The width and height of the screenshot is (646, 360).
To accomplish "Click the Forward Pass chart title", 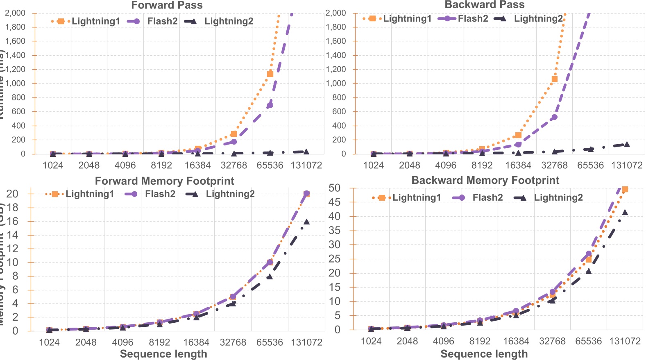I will click(x=167, y=5).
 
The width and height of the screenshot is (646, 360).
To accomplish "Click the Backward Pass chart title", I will click(x=484, y=5).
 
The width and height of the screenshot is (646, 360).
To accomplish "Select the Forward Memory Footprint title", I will click(x=164, y=181).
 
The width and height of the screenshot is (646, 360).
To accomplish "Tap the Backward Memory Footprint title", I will click(x=485, y=180).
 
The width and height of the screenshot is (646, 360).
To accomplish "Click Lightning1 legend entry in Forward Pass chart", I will click(x=95, y=21).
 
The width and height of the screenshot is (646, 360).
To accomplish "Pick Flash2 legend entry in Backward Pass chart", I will click(x=472, y=19).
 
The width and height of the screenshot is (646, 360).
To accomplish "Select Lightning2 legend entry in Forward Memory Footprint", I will click(x=230, y=194).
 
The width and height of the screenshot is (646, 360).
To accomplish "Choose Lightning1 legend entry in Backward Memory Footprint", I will click(x=416, y=198).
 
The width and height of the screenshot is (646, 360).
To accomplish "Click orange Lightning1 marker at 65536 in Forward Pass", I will click(x=270, y=74).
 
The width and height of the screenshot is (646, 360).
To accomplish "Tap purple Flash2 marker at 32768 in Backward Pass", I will click(x=554, y=117).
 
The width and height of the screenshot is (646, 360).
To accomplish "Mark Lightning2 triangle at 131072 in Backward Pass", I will click(x=626, y=144).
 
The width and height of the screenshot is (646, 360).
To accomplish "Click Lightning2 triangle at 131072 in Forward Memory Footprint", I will click(x=306, y=222).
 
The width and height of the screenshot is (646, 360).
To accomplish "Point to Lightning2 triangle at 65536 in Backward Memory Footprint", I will click(x=589, y=271).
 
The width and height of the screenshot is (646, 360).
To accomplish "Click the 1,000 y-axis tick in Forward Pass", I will click(x=15, y=83).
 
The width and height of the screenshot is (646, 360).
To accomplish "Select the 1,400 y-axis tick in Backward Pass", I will click(x=336, y=55).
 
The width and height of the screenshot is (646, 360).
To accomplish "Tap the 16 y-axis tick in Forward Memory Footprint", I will click(x=13, y=221).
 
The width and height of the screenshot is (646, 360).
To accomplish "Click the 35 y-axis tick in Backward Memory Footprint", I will click(x=335, y=231).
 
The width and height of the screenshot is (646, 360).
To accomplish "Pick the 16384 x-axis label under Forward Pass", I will click(x=197, y=165).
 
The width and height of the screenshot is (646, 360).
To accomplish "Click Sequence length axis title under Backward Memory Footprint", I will click(x=484, y=354).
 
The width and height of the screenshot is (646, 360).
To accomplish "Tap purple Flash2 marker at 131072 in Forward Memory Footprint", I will click(x=306, y=193).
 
